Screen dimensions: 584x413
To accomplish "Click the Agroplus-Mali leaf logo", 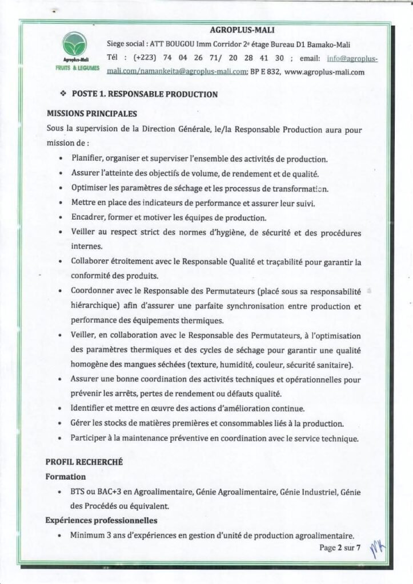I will pyautogui.click(x=75, y=44).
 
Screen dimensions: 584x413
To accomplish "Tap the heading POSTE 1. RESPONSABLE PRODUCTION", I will pyautogui.click(x=145, y=94).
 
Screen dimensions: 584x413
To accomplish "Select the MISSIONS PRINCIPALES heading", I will pyautogui.click(x=91, y=113).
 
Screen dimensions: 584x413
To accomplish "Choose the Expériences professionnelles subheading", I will pyautogui.click(x=101, y=521).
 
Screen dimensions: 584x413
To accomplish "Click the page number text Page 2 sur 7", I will pyautogui.click(x=341, y=549).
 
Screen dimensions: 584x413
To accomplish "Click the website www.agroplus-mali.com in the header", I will pyautogui.click(x=324, y=72).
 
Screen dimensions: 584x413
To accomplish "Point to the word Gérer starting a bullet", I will pyautogui.click(x=81, y=423).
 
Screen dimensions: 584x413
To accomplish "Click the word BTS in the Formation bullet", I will pyautogui.click(x=78, y=491).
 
